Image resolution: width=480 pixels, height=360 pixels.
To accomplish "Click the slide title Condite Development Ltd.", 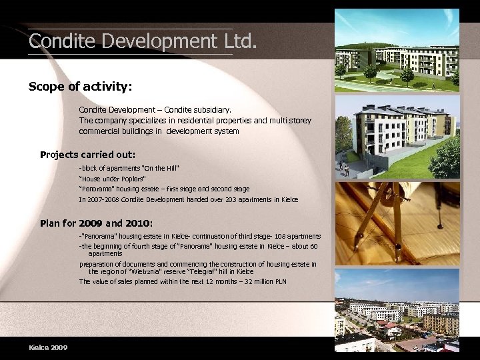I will coord(142,41).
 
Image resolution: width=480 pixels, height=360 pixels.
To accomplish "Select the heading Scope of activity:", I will coord(80,87).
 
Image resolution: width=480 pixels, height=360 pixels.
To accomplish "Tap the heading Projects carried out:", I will coord(87,155).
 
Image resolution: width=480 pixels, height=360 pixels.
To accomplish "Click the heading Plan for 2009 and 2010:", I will coord(97,223).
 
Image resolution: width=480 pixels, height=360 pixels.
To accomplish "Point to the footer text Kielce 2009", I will coord(48,347).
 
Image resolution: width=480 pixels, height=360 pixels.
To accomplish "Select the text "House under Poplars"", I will coord(112,179).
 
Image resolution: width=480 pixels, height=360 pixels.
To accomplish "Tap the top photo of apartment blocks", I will coord(397,50).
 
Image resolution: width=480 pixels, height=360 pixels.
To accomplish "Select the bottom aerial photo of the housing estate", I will coord(397,310).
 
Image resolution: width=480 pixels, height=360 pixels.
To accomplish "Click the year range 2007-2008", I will coord(104,199).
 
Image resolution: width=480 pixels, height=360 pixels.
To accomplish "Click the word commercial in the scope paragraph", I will coord(100,131).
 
